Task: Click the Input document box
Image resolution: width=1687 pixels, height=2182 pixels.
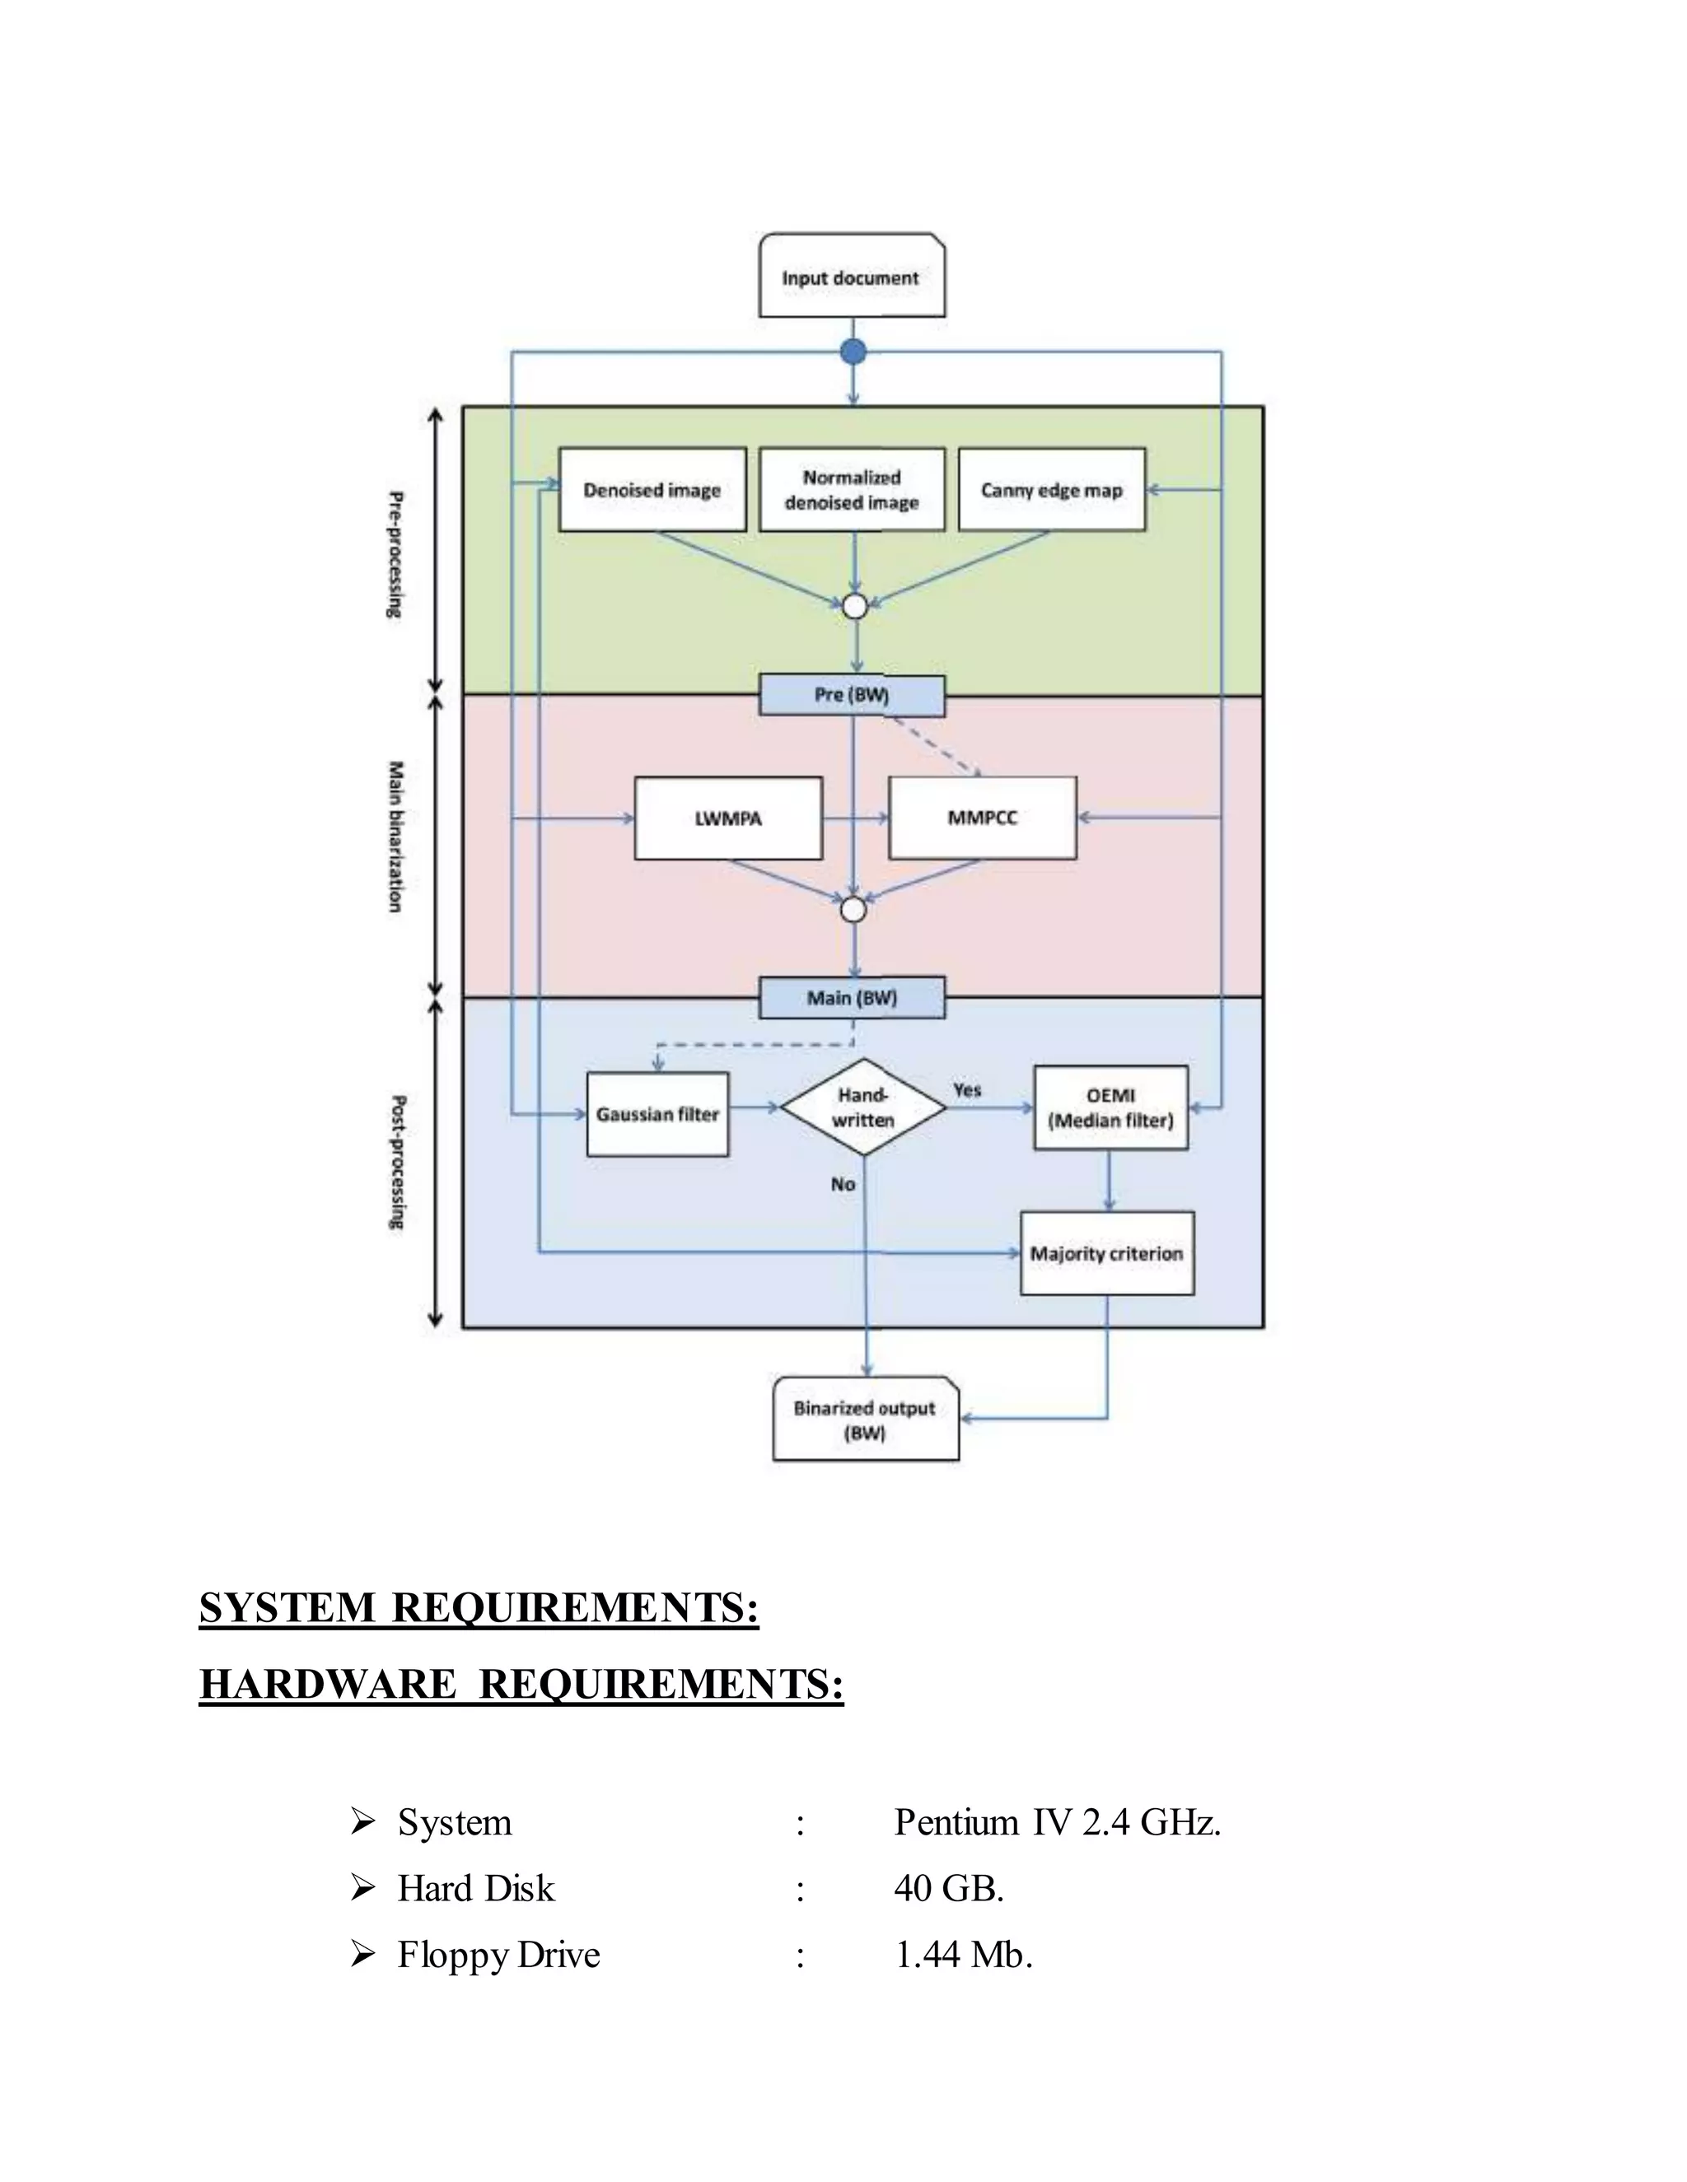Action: coord(852,277)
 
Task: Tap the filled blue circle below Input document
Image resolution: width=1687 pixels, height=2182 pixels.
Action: coord(853,352)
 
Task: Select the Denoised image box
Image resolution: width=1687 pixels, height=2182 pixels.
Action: coord(652,490)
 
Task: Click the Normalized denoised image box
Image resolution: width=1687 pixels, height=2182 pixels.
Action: coord(852,490)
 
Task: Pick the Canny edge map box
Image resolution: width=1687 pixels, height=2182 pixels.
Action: coord(1051,490)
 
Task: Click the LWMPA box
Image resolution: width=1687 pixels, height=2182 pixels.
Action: coord(727,818)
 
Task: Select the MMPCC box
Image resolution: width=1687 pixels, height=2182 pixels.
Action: coord(983,818)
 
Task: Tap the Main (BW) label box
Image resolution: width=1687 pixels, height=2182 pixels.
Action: coord(852,998)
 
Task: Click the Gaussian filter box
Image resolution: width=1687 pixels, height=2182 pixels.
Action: coord(657,1114)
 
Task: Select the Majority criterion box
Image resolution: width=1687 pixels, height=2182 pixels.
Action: coord(1106,1254)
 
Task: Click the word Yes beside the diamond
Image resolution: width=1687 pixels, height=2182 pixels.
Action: coord(967,1090)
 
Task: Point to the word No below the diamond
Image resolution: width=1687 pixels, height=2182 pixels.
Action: coord(843,1184)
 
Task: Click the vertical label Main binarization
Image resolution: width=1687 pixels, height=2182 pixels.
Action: coord(395,837)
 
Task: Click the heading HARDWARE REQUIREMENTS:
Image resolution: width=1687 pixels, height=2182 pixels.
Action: coord(521,1685)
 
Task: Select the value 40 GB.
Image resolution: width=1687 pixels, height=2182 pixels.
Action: coord(948,1888)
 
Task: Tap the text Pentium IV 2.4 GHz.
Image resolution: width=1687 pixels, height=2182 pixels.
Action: coord(1056,1822)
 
